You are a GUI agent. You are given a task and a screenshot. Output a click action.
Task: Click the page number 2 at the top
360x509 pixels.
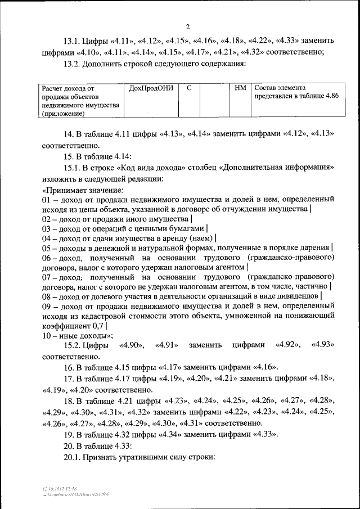(188, 27)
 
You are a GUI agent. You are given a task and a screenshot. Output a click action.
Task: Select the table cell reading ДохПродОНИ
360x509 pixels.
(150, 88)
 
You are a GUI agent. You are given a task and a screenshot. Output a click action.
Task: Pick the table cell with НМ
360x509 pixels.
(240, 88)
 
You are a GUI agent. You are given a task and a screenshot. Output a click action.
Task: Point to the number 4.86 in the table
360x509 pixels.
(330, 97)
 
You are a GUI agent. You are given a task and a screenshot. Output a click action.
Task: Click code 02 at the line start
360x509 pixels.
(47, 219)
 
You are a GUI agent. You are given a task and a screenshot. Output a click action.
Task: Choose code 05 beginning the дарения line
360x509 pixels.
(47, 248)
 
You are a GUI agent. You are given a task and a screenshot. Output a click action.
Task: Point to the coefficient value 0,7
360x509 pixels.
(98, 326)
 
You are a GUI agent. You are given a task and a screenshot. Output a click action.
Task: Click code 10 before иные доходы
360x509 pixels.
(47, 335)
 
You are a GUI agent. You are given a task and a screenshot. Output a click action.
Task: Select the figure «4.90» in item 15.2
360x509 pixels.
(133, 345)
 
